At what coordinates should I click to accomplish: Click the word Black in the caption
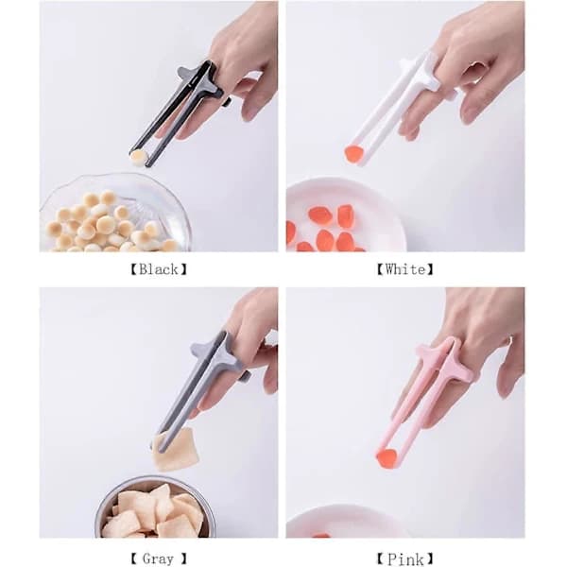[159, 269]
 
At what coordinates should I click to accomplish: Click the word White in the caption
[405, 269]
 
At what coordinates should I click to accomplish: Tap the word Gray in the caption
[158, 558]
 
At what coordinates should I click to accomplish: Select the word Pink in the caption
[405, 559]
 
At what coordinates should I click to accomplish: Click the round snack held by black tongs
[139, 157]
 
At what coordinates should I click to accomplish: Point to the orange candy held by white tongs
[353, 154]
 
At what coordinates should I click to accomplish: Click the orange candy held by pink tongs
[386, 457]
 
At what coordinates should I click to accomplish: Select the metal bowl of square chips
[156, 508]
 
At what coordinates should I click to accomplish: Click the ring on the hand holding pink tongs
[510, 340]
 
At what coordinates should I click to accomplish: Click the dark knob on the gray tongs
[248, 377]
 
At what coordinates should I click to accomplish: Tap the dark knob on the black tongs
[227, 101]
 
